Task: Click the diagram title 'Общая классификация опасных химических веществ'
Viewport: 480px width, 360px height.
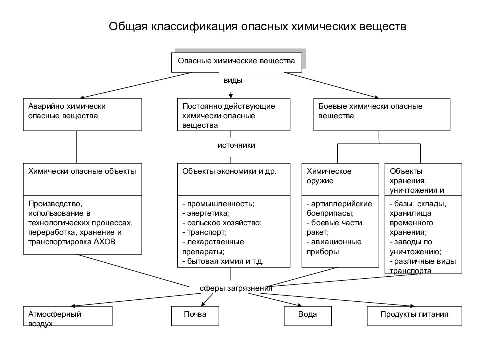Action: (258, 26)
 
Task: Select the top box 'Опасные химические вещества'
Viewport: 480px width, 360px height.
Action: (236, 62)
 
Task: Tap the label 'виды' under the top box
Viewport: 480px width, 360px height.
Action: (233, 80)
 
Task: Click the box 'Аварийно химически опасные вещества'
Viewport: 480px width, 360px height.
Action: (82, 115)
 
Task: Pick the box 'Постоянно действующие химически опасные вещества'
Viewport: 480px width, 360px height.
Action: (234, 115)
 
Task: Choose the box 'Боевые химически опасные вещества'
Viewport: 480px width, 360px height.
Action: (382, 115)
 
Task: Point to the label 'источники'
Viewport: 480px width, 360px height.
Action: (236, 145)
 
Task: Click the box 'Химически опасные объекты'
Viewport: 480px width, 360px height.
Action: (82, 179)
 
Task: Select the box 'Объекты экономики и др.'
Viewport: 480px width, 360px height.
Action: (234, 179)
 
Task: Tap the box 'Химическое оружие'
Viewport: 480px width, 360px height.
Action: (340, 179)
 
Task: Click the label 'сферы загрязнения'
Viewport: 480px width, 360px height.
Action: (236, 288)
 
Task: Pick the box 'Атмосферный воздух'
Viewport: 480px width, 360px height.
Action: (68, 316)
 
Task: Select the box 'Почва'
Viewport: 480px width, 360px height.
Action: (195, 316)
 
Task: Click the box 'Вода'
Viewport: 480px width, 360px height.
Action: (308, 316)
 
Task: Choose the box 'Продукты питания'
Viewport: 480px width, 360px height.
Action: (415, 316)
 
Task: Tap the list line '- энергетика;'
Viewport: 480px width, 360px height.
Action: (206, 213)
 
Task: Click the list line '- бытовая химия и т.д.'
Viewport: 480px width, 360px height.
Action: (223, 261)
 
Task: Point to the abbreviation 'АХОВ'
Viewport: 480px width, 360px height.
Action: (104, 242)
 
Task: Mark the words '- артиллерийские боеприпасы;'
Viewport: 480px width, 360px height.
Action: (339, 209)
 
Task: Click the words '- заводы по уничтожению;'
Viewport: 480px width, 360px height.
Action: (415, 247)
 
